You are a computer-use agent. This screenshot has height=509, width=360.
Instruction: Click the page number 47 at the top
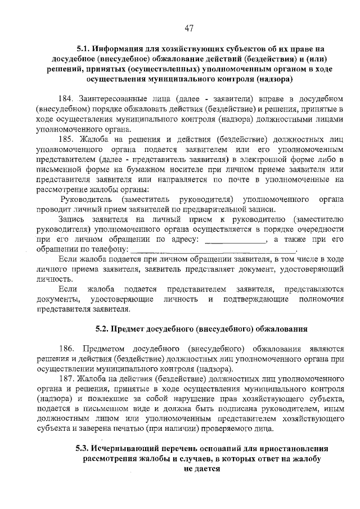(x=188, y=29)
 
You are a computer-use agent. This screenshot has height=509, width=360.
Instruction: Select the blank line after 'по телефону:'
(x=216, y=250)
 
